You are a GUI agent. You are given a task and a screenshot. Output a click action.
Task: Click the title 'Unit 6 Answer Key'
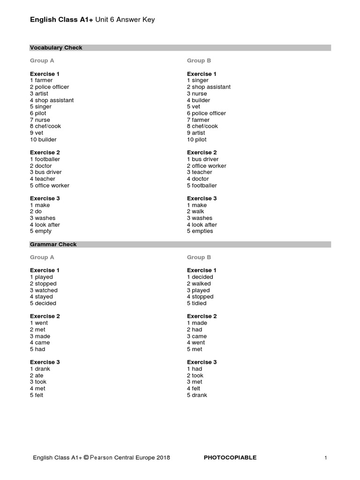click(125, 20)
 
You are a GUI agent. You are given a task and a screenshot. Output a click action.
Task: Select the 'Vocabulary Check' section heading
click(56, 48)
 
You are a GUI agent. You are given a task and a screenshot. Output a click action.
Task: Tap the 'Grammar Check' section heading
click(53, 244)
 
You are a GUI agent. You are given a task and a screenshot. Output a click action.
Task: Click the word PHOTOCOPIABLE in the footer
click(230, 457)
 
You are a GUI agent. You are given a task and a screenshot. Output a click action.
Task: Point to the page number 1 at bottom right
click(325, 457)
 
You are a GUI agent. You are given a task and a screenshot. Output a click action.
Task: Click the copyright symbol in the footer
click(86, 457)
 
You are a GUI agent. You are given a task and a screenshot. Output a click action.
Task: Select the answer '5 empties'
click(200, 231)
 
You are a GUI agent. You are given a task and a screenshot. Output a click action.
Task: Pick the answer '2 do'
click(36, 211)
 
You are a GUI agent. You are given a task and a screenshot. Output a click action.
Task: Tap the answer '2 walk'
click(195, 211)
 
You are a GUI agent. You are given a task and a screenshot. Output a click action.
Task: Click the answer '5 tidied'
click(196, 303)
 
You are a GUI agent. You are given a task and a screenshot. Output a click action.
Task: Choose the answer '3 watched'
click(44, 290)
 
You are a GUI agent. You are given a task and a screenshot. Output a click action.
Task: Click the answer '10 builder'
click(43, 139)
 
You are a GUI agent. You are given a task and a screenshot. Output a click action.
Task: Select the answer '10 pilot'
click(196, 139)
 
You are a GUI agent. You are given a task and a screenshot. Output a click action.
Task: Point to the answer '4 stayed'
click(41, 297)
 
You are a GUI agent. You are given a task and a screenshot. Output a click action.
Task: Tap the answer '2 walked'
click(199, 284)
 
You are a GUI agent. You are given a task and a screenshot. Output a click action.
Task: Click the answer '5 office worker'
click(49, 185)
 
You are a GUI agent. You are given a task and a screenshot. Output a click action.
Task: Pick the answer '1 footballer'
click(45, 159)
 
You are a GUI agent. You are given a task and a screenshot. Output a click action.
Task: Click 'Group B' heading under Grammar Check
click(199, 257)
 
